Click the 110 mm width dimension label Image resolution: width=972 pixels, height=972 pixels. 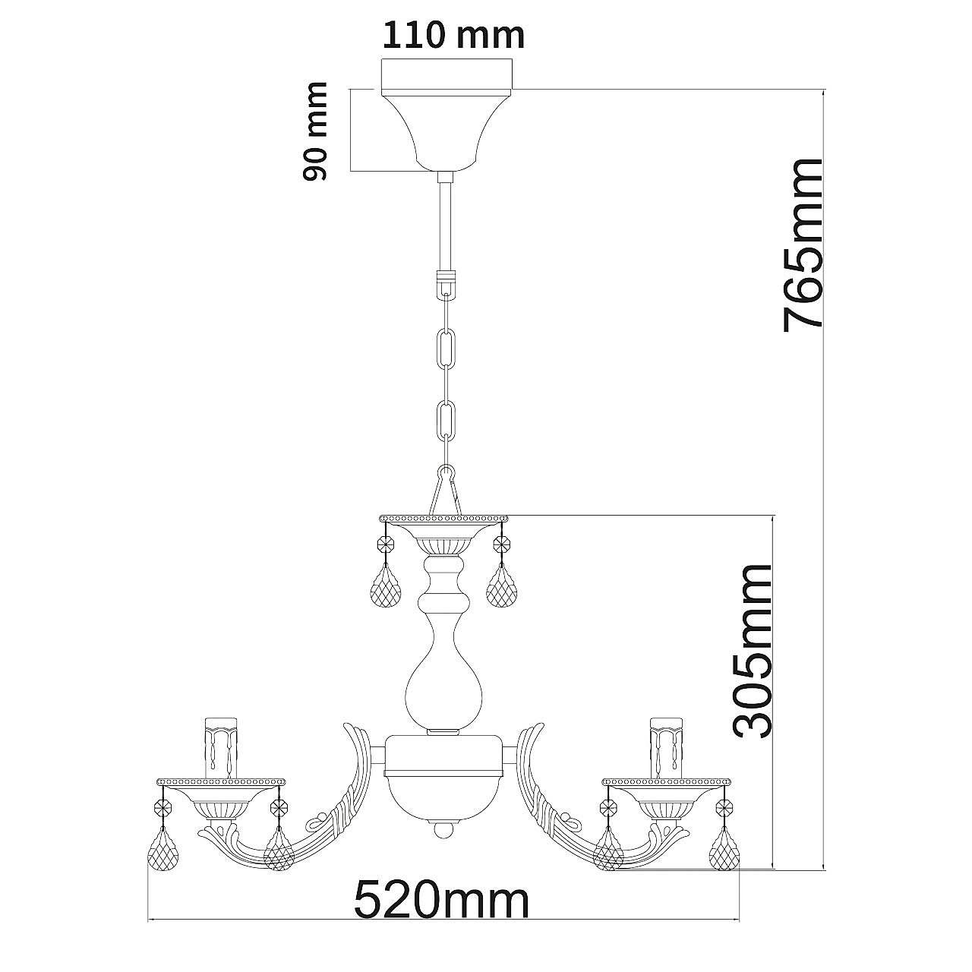click(x=453, y=36)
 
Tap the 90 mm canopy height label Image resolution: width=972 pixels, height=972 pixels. click(x=315, y=131)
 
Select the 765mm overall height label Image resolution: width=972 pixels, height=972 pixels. click(x=803, y=245)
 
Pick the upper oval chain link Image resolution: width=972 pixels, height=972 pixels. click(x=447, y=349)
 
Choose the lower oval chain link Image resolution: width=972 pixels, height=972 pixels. click(x=447, y=421)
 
